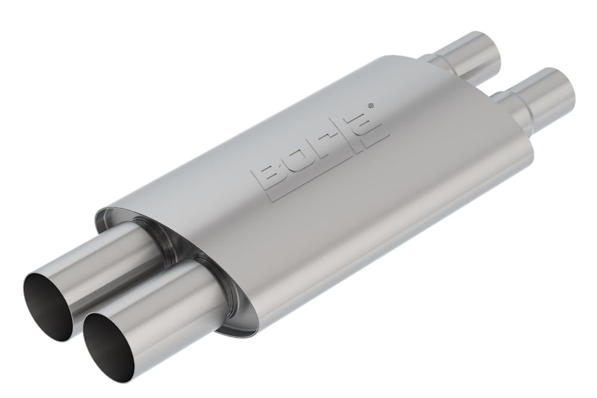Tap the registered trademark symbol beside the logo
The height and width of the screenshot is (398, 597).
point(373,106)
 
